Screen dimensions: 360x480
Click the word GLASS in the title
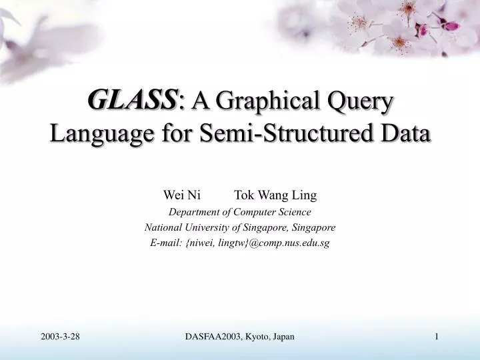133,101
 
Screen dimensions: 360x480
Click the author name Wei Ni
183,195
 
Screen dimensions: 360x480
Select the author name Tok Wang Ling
275,195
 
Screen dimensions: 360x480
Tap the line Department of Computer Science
240,212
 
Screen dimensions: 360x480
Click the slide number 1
437,337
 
